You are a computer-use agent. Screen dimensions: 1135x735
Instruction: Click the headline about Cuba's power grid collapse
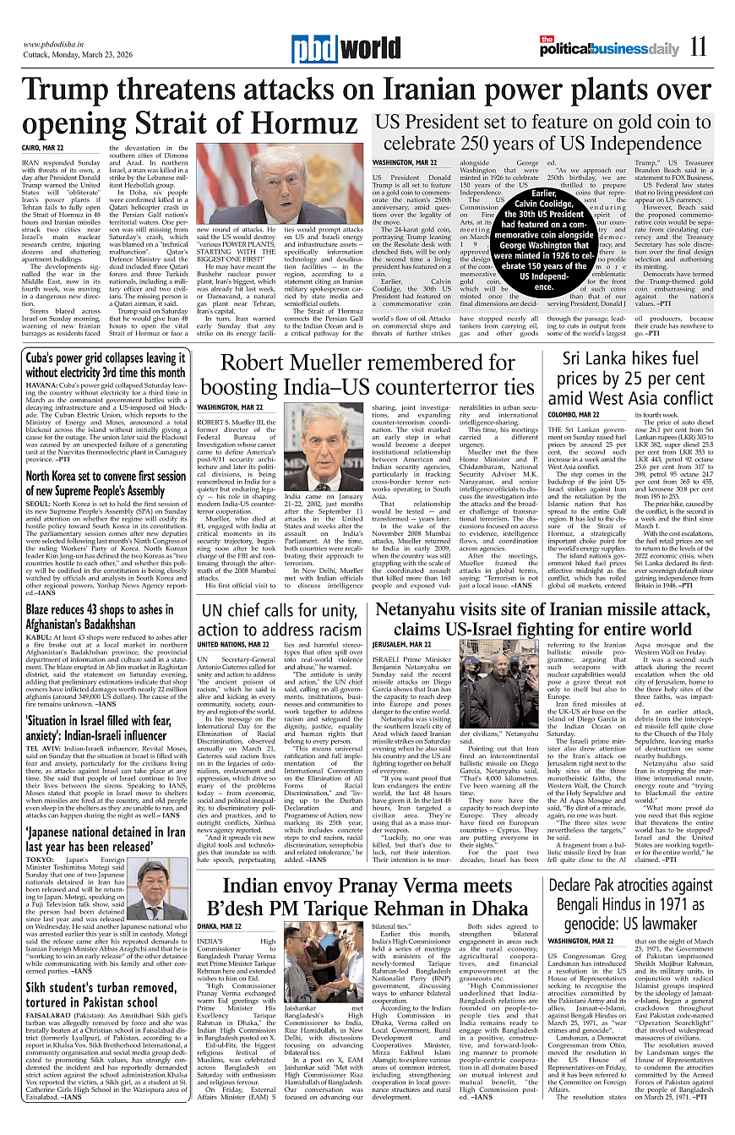(106, 364)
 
